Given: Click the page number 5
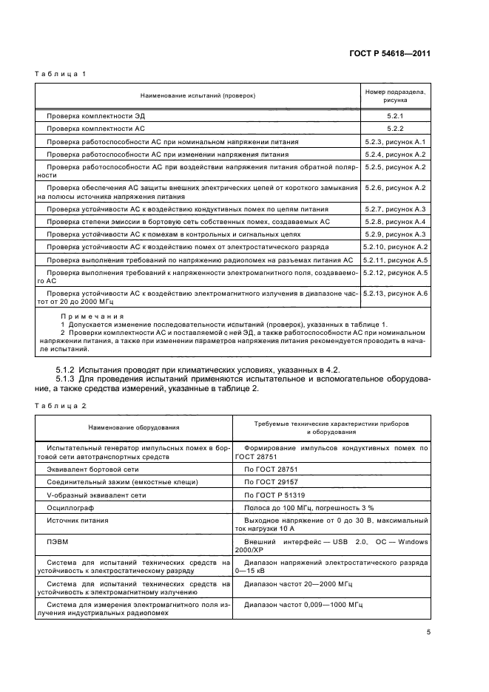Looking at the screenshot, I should click(428, 631).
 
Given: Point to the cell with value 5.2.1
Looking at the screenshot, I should click(394, 116).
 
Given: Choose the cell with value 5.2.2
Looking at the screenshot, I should click(394, 129).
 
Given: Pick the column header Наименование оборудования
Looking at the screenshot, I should click(134, 427).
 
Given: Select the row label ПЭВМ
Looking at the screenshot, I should click(58, 541).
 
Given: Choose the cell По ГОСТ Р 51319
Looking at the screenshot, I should click(274, 495).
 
